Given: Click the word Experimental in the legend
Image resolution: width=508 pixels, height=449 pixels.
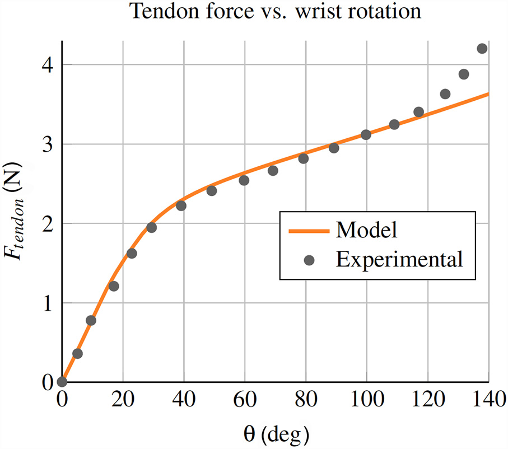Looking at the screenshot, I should [398, 259].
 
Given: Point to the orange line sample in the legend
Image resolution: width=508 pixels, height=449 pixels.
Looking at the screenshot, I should [309, 230].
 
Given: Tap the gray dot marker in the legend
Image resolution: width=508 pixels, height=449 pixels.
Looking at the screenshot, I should [309, 259].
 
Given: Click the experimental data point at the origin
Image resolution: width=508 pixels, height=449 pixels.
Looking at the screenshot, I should [62, 382].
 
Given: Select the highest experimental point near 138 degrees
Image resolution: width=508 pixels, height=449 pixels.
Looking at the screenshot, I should [482, 49].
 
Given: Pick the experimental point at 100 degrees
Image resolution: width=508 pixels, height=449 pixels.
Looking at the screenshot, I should [366, 135].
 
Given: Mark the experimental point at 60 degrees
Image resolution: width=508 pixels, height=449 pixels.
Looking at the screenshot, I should [244, 180].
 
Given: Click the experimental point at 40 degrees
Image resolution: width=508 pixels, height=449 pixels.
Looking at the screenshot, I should [181, 206].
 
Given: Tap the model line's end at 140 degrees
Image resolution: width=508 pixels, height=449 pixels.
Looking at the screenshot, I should [488, 94].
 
